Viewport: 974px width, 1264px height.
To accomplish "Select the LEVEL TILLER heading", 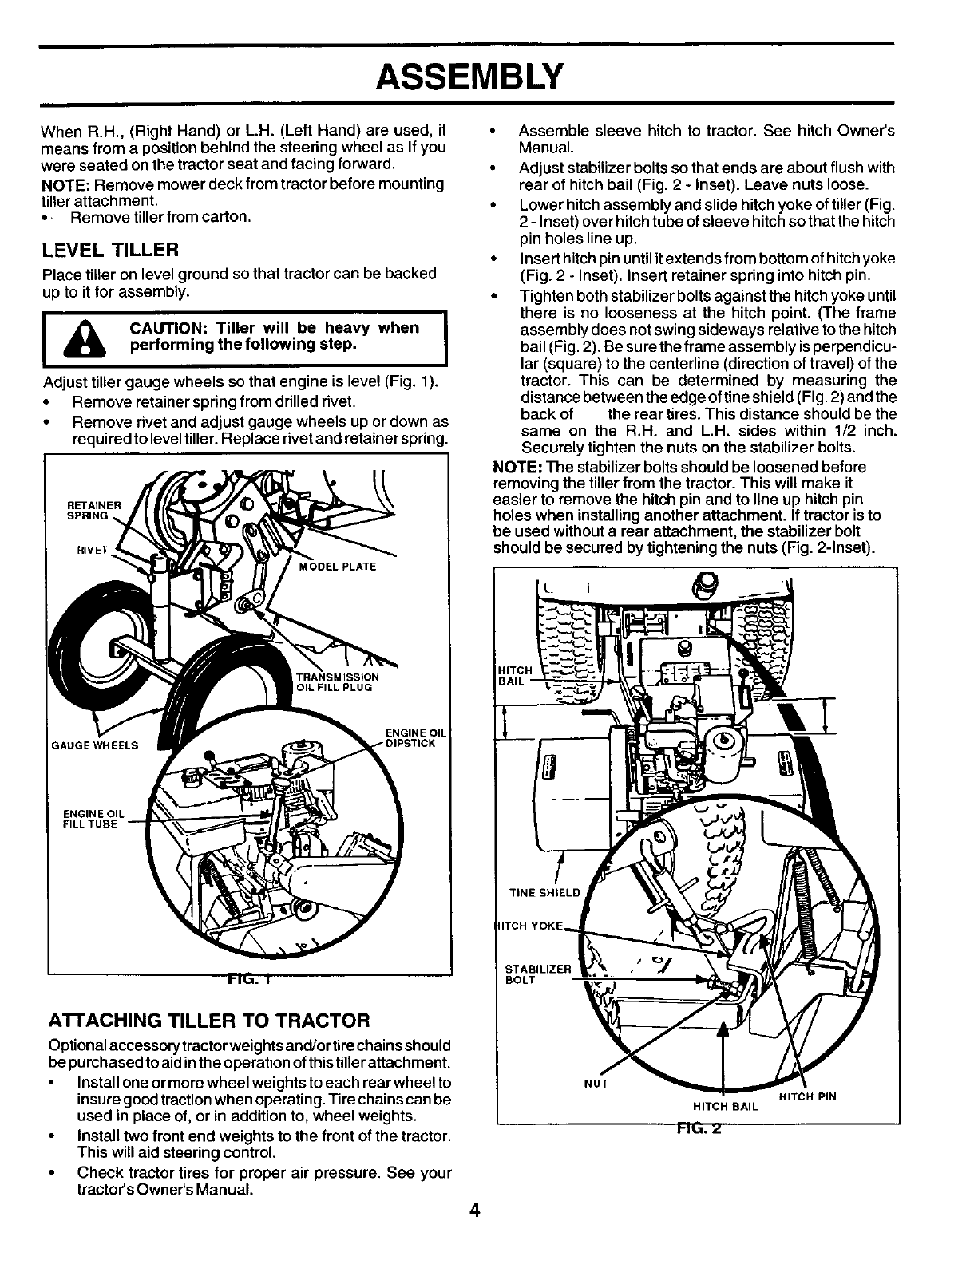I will pyautogui.click(x=109, y=251).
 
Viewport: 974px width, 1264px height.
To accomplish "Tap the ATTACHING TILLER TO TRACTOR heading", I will pyautogui.click(x=209, y=1020).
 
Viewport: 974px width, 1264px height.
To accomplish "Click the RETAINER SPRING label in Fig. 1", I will pyautogui.click(x=93, y=510).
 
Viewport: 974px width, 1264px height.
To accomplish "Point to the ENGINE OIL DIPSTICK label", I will pyautogui.click(x=410, y=738).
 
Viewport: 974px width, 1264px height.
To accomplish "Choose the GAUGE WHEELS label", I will pyautogui.click(x=94, y=745).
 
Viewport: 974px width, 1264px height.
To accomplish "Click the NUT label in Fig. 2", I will pyautogui.click(x=597, y=1084).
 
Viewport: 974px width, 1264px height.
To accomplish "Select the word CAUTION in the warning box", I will pyautogui.click(x=163, y=328).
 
